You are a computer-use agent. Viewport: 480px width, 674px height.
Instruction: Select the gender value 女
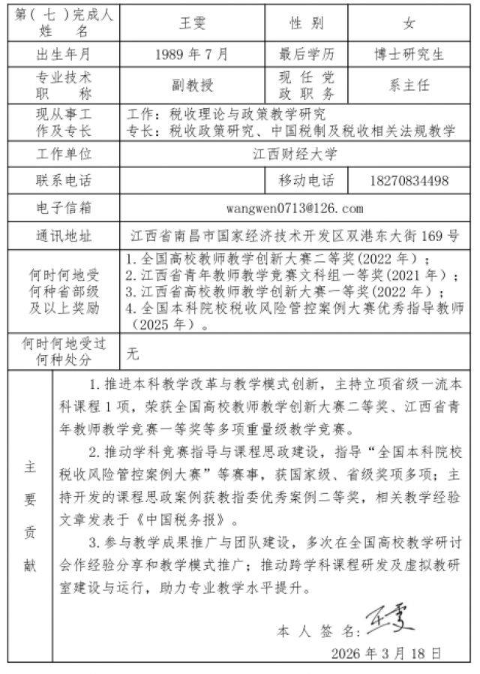[409, 24]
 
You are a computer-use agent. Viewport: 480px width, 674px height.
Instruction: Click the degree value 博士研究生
[409, 54]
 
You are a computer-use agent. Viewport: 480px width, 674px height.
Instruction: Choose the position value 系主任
[409, 85]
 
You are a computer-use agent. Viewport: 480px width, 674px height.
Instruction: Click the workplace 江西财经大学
[295, 155]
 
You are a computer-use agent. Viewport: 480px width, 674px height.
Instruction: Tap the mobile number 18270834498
[409, 181]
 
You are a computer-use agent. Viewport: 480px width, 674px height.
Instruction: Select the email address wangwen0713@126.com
[295, 208]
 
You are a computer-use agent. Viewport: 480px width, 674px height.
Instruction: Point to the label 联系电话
[64, 181]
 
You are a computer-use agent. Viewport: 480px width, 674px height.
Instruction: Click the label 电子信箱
[64, 208]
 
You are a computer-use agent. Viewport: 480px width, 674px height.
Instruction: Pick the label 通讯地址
[64, 236]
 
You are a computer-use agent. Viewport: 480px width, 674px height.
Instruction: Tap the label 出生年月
[64, 54]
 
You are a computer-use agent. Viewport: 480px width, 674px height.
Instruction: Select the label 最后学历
[307, 54]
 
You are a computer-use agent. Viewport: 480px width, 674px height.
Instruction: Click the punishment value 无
[133, 351]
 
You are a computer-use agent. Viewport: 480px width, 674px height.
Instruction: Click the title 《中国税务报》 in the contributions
[187, 519]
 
